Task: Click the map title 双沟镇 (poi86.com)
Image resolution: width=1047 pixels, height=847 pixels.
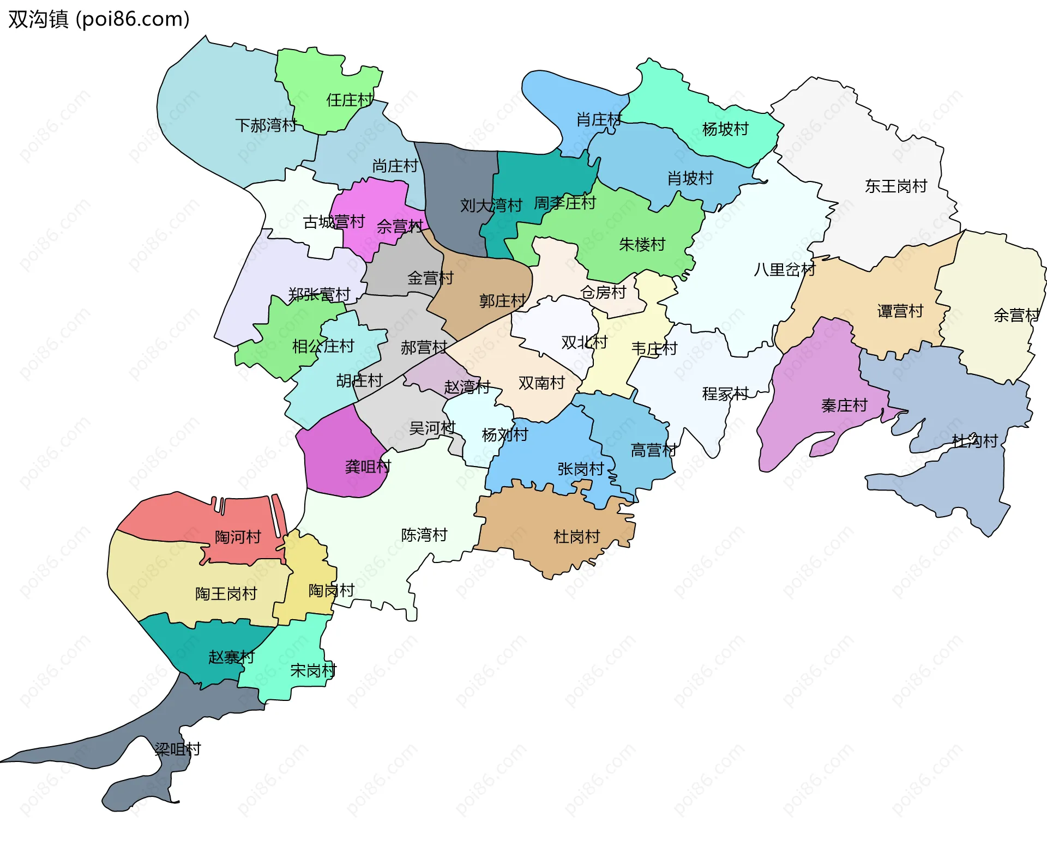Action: pos(99,19)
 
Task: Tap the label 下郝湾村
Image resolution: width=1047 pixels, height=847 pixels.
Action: pos(266,125)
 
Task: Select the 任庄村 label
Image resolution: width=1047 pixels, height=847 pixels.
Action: pos(350,100)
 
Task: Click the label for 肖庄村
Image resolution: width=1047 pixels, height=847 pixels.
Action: pos(599,120)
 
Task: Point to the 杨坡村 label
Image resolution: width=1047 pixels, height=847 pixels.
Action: pos(725,129)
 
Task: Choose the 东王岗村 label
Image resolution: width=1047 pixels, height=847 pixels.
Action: pos(895,186)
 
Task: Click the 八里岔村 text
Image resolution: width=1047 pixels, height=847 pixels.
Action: pos(784,270)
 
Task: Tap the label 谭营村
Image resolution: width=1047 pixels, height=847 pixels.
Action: pos(900,311)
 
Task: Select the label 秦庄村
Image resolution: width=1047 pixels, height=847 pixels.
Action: pos(844,406)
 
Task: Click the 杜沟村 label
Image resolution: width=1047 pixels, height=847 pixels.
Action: pos(974,441)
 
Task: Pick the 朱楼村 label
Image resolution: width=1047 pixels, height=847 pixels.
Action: pos(642,245)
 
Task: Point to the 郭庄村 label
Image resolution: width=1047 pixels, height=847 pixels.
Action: pos(502,301)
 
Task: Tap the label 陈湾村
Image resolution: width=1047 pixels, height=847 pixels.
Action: pos(424,535)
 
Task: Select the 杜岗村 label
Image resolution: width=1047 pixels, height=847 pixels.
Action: pos(576,537)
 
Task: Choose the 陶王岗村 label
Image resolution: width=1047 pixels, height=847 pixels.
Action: pos(226,594)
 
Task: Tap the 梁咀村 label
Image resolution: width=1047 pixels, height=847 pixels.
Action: pos(178,749)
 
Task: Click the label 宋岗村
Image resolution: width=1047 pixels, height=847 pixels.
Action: pos(313,671)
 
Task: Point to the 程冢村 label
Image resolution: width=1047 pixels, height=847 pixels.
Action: pos(725,394)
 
